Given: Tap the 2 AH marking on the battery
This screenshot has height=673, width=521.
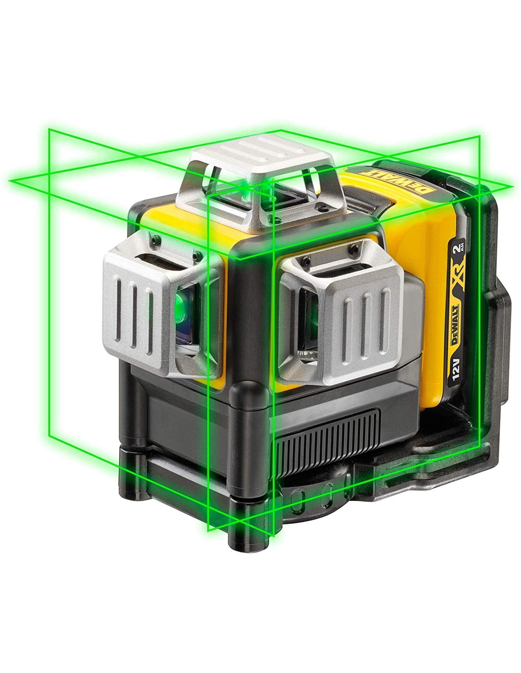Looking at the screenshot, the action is (458, 251).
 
